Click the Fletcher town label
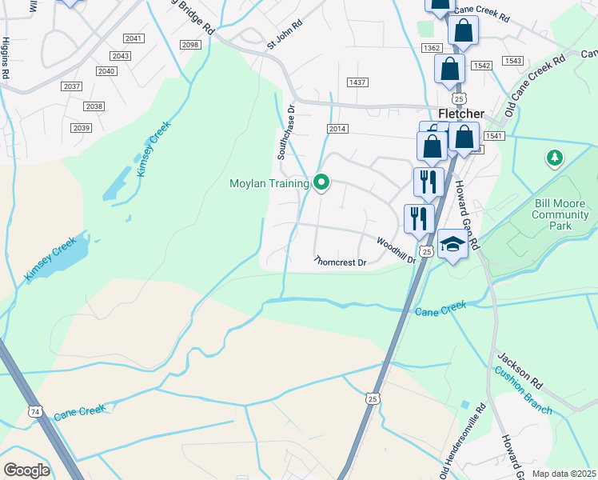point(461,114)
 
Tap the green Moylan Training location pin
point(322,183)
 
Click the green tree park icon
point(553,158)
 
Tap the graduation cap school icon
point(452,245)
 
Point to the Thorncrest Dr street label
point(340,262)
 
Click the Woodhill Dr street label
point(397,249)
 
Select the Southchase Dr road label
point(286,132)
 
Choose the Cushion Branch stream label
point(522,390)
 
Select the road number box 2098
point(190,45)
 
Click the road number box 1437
point(357,82)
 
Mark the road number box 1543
point(513,61)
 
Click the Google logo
point(26,470)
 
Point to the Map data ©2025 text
point(564,474)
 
